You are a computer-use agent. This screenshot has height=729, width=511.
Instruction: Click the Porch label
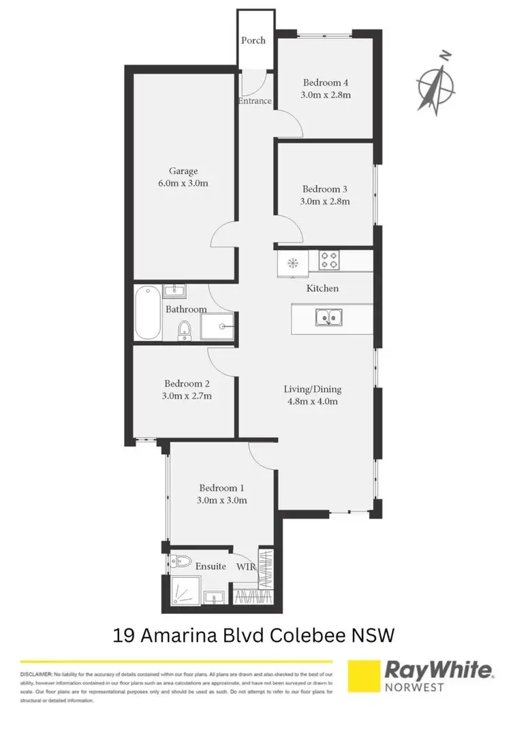253,40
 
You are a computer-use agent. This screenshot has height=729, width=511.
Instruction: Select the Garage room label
184,172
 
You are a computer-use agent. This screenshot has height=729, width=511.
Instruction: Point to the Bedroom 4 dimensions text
326,95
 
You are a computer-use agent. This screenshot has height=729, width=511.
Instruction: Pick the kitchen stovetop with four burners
330,261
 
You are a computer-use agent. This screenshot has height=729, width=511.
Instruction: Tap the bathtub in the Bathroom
147,314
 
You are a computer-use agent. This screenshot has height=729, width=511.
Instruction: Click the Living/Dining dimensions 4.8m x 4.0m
311,402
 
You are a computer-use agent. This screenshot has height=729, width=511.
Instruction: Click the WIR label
246,566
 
